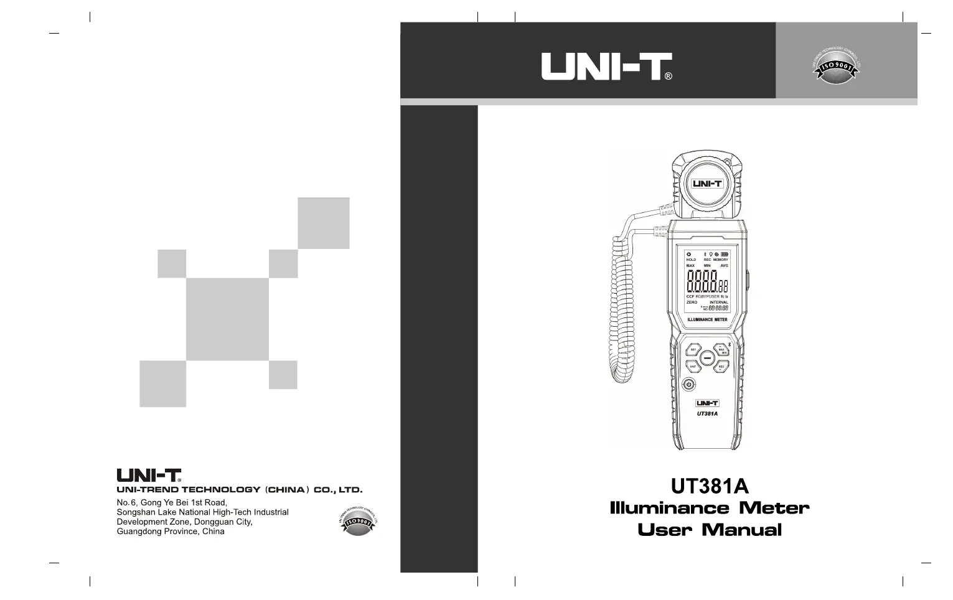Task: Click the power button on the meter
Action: coord(688,385)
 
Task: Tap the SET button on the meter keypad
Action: coord(693,350)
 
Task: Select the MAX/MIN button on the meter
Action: coord(721,350)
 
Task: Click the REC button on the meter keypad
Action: coord(721,367)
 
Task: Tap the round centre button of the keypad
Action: coord(707,359)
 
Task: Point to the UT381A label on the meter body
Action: coord(707,414)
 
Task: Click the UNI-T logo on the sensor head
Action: coord(707,184)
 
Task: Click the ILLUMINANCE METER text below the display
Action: coord(707,319)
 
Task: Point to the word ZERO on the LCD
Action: coord(692,302)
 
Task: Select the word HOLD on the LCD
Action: coord(691,260)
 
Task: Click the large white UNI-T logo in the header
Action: coord(606,66)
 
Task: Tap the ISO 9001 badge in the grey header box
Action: coord(837,65)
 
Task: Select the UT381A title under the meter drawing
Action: coord(710,485)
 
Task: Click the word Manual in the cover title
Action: coord(741,530)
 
